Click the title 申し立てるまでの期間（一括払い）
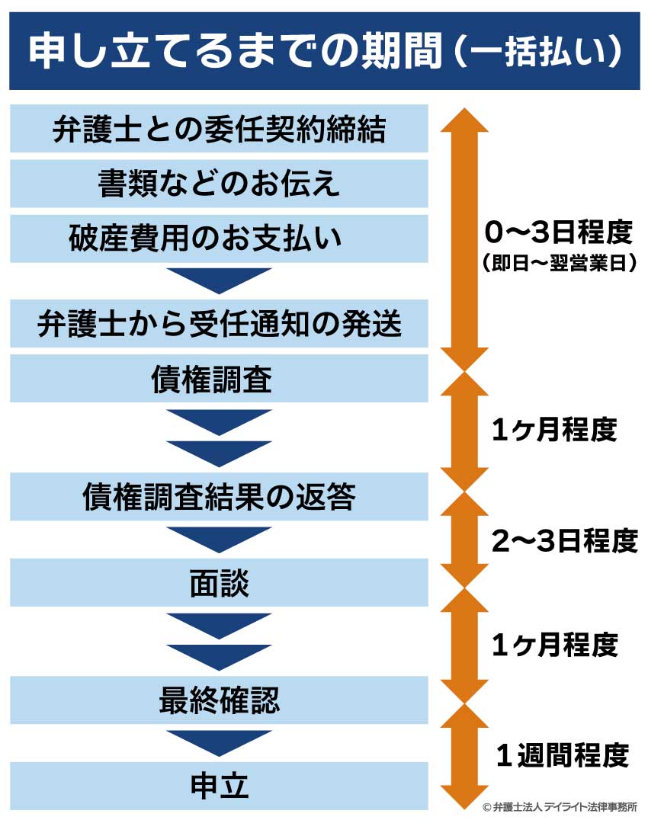click(x=324, y=50)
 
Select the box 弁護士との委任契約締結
click(x=219, y=129)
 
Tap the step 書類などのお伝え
click(x=219, y=184)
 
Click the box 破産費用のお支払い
click(x=219, y=239)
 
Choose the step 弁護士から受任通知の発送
click(x=219, y=324)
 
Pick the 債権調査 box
click(x=219, y=379)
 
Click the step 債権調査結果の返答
click(x=219, y=497)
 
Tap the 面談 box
click(x=219, y=583)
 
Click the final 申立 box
click(x=219, y=786)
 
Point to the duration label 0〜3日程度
click(x=559, y=229)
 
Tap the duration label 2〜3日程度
click(x=564, y=541)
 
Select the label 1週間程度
click(x=562, y=755)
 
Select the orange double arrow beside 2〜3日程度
click(x=464, y=540)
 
